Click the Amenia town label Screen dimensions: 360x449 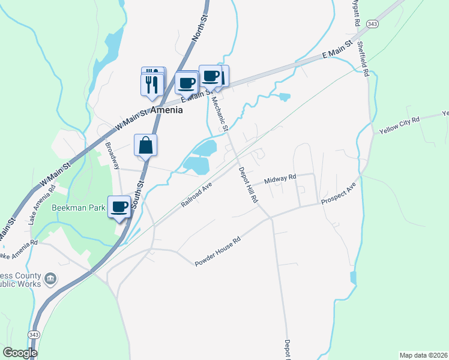pyautogui.click(x=166, y=110)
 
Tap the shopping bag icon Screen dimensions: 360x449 pyautogui.click(x=146, y=145)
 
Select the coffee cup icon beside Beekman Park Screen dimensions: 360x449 pyautogui.click(x=119, y=208)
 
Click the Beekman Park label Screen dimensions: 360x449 pyautogui.click(x=79, y=208)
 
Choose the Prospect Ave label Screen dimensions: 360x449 pyautogui.click(x=339, y=193)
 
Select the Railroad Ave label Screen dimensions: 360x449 pyautogui.click(x=197, y=195)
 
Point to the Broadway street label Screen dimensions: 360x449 pyautogui.click(x=112, y=155)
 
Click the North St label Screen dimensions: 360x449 pyautogui.click(x=199, y=28)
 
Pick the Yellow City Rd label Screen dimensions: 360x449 pyautogui.click(x=399, y=124)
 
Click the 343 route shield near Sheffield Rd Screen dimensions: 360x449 pyautogui.click(x=373, y=23)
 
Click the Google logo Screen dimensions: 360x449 pyautogui.click(x=20, y=353)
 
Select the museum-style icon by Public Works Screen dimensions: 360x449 pyautogui.click(x=51, y=278)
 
